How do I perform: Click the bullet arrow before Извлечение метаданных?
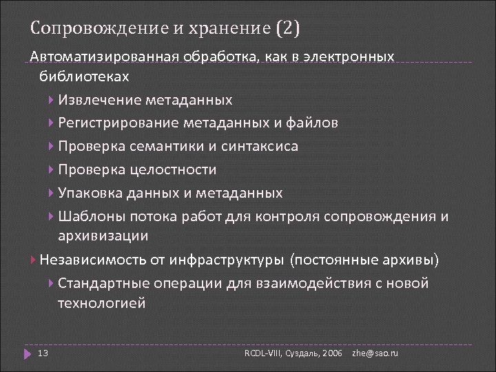(53, 100)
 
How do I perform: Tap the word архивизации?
(103, 236)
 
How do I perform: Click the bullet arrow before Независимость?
(34, 260)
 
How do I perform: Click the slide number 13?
(42, 353)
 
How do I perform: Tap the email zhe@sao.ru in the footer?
(375, 353)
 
